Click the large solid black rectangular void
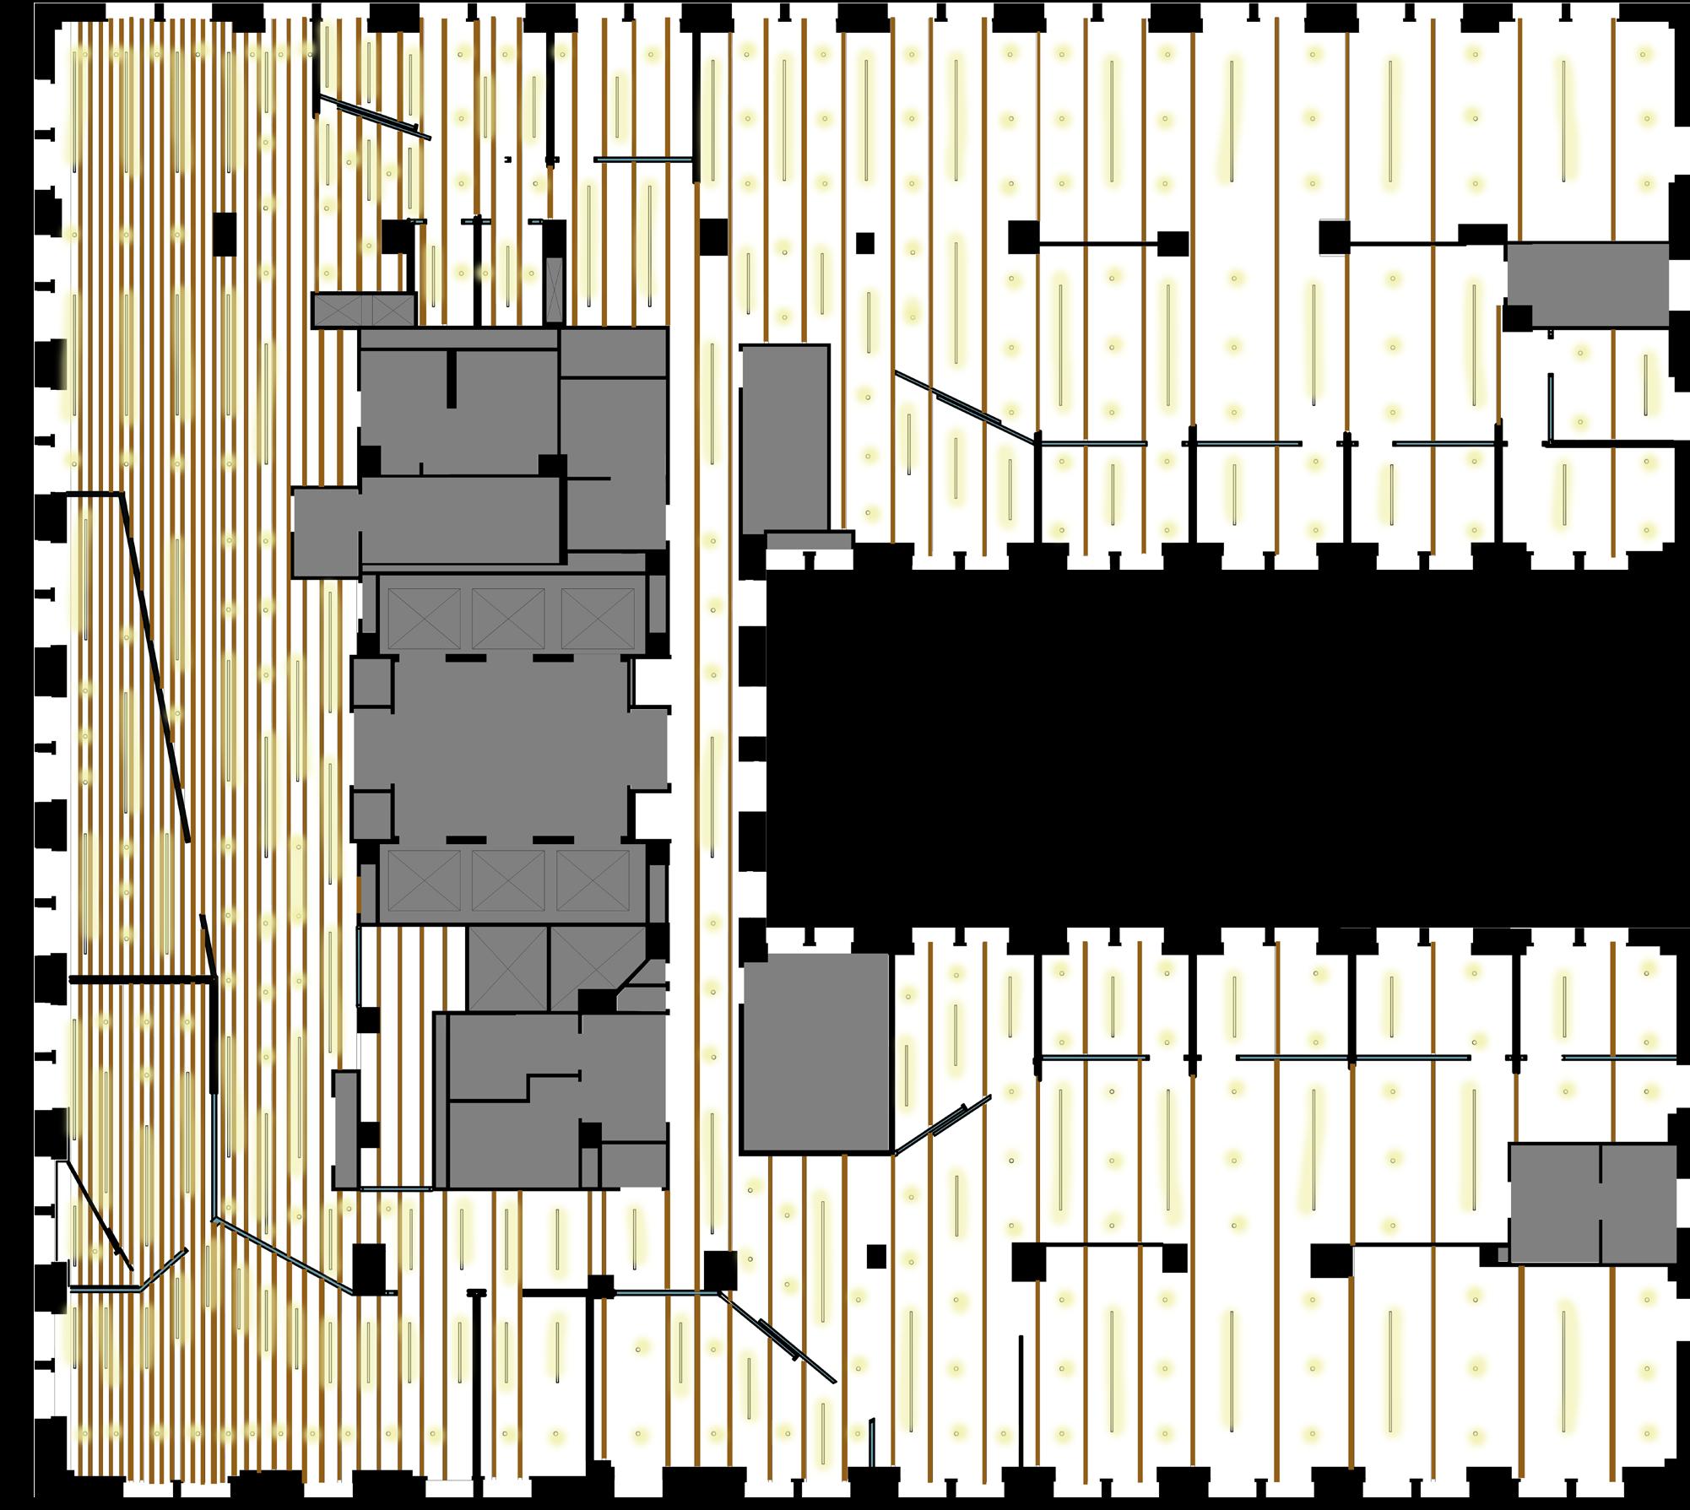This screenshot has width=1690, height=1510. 1224,747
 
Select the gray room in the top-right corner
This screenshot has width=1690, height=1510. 1587,284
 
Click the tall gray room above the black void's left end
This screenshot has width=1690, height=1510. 784,439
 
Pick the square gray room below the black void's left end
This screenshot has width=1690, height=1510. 815,1053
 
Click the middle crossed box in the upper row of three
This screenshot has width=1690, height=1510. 508,618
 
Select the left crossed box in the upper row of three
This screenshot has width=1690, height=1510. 424,618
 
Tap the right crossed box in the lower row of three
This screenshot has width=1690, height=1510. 593,880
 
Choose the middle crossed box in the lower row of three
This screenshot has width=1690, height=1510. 508,880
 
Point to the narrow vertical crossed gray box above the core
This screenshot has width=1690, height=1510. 554,290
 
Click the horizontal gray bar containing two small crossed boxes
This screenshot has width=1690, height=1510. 364,310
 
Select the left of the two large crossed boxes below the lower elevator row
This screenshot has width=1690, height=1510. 508,967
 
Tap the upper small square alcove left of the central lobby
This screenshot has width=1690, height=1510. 372,682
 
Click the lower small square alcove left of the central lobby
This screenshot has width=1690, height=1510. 372,815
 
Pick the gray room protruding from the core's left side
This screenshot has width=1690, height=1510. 326,532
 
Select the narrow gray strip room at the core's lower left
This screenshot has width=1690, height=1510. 344,1129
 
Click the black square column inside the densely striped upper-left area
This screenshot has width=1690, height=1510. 225,234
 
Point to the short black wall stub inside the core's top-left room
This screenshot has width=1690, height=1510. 452,378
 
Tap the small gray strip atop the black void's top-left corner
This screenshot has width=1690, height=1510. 809,539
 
